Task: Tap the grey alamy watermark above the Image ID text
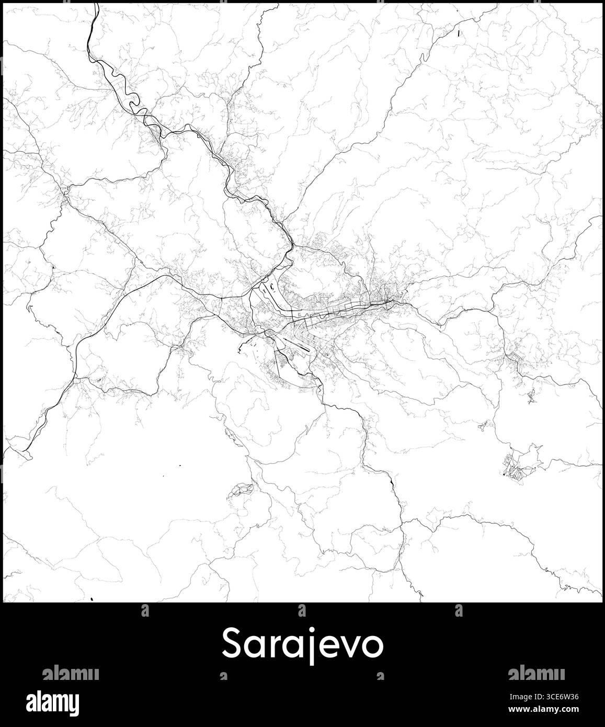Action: tap(536, 673)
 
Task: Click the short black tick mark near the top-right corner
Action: tap(458, 33)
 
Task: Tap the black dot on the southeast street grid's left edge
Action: tap(504, 475)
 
